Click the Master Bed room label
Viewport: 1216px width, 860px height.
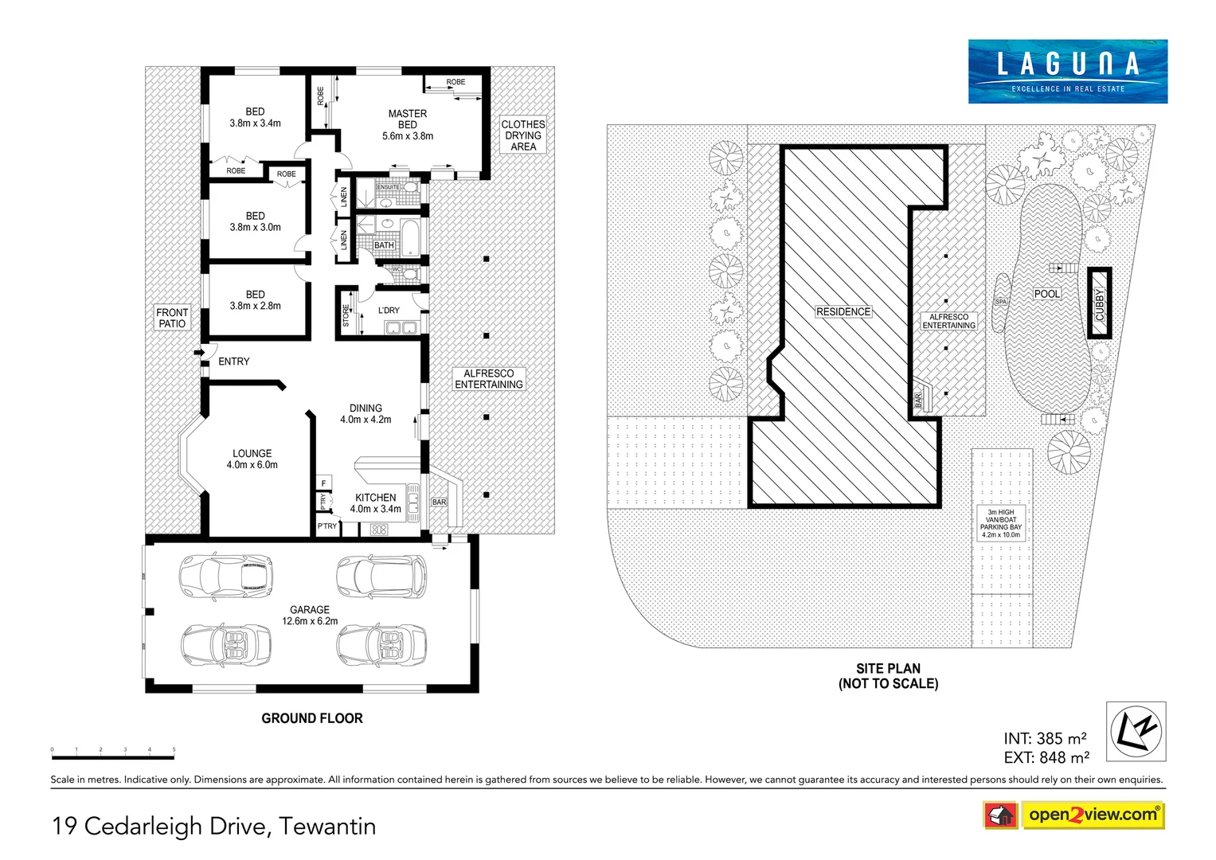pyautogui.click(x=407, y=125)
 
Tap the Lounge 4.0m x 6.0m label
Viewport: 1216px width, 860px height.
pyautogui.click(x=252, y=459)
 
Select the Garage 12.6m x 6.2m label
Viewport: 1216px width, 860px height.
pyautogui.click(x=310, y=616)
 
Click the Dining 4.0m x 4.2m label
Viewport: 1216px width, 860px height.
pyautogui.click(x=366, y=414)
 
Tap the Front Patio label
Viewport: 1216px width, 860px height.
pyautogui.click(x=172, y=318)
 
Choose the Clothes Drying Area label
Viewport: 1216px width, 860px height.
pyautogui.click(x=523, y=135)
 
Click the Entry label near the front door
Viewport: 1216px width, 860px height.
pyautogui.click(x=233, y=362)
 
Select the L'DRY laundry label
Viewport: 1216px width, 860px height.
pyautogui.click(x=389, y=311)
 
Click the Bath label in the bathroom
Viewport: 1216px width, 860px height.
pyautogui.click(x=384, y=245)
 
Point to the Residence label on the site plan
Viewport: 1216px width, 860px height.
pyautogui.click(x=843, y=312)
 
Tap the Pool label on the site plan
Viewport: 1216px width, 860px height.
pyautogui.click(x=1046, y=294)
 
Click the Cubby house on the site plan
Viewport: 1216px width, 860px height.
pyautogui.click(x=1099, y=304)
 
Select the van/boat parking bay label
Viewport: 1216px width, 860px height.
pyautogui.click(x=1001, y=524)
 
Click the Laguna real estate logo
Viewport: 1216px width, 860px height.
pyautogui.click(x=1067, y=72)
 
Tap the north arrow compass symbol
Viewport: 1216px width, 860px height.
pyautogui.click(x=1136, y=731)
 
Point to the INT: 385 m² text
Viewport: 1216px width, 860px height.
pyautogui.click(x=1045, y=739)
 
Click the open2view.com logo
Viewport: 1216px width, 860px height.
pyautogui.click(x=1092, y=815)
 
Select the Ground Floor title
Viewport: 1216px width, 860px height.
pyautogui.click(x=312, y=718)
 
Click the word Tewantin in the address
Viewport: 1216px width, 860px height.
pyautogui.click(x=327, y=827)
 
